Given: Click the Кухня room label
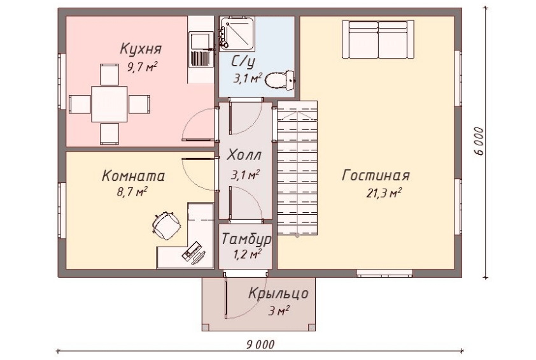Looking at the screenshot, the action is click(x=141, y=49).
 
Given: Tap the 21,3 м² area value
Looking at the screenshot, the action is click(x=384, y=193).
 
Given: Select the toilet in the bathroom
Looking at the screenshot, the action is click(x=279, y=80).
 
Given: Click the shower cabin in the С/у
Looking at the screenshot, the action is click(x=237, y=34).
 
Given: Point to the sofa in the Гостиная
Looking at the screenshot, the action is click(x=378, y=39).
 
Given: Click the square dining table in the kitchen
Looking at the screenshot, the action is click(x=109, y=104).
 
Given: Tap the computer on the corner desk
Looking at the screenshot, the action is click(x=194, y=253).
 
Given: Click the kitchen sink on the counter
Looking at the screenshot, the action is click(x=201, y=49).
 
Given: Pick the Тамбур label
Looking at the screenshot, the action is click(x=246, y=239).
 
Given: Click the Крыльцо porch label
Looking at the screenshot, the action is click(x=278, y=294).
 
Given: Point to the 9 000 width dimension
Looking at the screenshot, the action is click(x=260, y=344).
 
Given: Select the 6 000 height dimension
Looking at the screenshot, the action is click(x=479, y=141).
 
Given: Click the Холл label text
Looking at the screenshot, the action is click(x=244, y=155).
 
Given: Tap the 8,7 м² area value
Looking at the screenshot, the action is click(x=132, y=191).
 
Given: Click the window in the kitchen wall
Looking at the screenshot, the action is click(x=62, y=82).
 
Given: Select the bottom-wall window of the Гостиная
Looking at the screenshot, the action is click(x=384, y=273).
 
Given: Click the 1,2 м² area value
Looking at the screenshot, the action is click(x=247, y=254).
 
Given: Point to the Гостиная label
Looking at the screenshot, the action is click(x=376, y=176).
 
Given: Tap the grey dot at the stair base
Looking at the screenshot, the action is click(x=297, y=235).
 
